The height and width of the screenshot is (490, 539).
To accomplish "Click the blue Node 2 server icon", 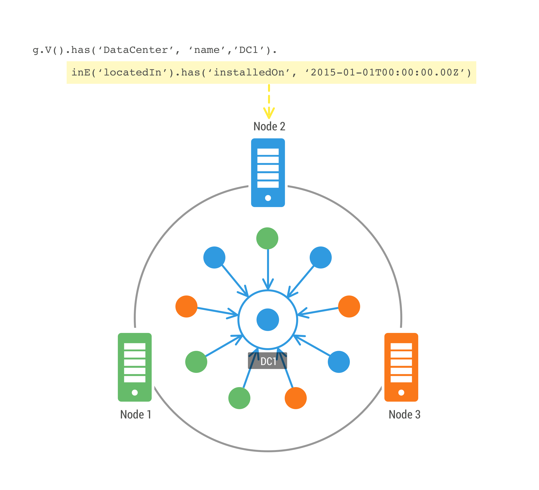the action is (268, 173).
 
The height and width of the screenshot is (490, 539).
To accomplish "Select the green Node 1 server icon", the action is (135, 367).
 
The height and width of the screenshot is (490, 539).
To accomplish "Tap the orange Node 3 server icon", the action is (401, 367).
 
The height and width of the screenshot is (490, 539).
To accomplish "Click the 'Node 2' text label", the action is (269, 126).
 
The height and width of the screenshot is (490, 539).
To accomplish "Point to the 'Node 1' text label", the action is (136, 415).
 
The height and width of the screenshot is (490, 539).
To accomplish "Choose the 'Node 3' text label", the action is (404, 415).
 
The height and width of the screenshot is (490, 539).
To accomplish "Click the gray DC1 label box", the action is (268, 361).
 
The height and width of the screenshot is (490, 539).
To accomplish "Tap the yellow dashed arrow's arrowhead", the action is (269, 113).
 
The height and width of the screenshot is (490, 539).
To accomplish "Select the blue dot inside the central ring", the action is (268, 320).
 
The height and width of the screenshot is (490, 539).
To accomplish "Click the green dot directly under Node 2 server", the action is (267, 238).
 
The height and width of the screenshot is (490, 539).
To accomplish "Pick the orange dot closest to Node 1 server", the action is (186, 307).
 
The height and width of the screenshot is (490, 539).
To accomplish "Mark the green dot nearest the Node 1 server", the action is (196, 362).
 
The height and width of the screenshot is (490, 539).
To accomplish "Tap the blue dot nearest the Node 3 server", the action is (339, 362).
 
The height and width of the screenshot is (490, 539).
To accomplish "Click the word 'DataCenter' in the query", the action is (135, 50).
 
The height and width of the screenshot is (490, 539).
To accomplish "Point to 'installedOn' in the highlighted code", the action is (249, 73).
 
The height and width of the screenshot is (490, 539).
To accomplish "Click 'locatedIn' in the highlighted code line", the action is (133, 73).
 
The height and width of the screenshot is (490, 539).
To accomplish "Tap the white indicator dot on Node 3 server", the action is (401, 392).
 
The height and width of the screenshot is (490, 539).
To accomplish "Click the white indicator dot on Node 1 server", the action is (135, 392).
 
